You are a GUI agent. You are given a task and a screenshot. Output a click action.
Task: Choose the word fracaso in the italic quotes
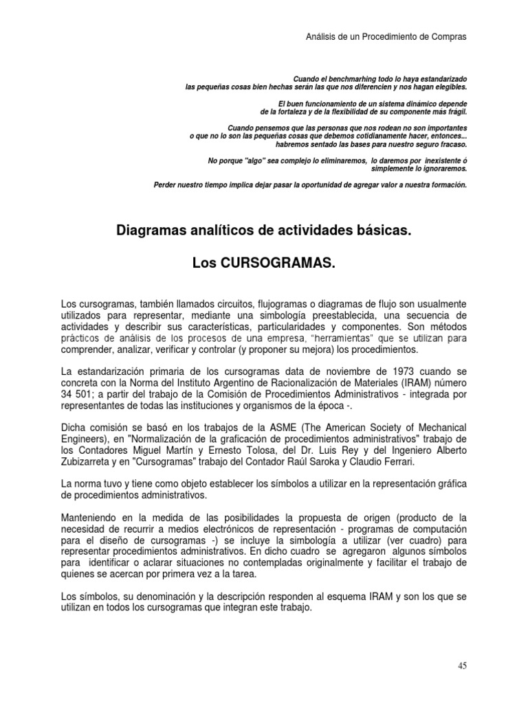pos(450,145)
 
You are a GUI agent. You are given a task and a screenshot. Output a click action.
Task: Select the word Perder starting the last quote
pos(166,185)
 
